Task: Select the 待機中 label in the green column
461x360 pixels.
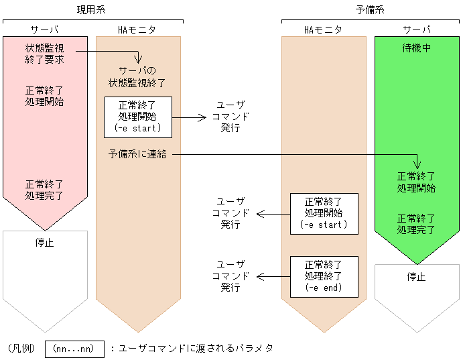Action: click(x=416, y=49)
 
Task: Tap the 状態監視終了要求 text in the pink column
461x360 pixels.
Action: click(x=44, y=54)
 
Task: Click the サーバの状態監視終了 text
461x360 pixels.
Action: click(x=137, y=77)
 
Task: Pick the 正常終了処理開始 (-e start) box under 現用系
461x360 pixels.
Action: click(x=137, y=117)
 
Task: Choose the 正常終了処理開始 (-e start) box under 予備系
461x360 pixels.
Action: click(x=324, y=214)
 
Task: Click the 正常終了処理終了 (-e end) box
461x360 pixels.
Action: click(x=324, y=276)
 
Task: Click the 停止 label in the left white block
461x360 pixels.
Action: click(x=44, y=243)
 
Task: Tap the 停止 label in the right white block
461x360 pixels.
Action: click(x=416, y=276)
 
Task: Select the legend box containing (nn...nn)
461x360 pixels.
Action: click(x=74, y=349)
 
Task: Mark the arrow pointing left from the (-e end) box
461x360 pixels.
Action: click(x=273, y=276)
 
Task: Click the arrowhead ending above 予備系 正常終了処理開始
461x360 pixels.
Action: click(x=417, y=165)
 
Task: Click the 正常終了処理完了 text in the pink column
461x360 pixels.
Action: click(x=44, y=190)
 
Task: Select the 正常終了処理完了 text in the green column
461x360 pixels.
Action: click(x=416, y=224)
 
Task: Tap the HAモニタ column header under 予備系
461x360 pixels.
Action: click(x=323, y=30)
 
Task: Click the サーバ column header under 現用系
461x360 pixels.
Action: click(x=44, y=30)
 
